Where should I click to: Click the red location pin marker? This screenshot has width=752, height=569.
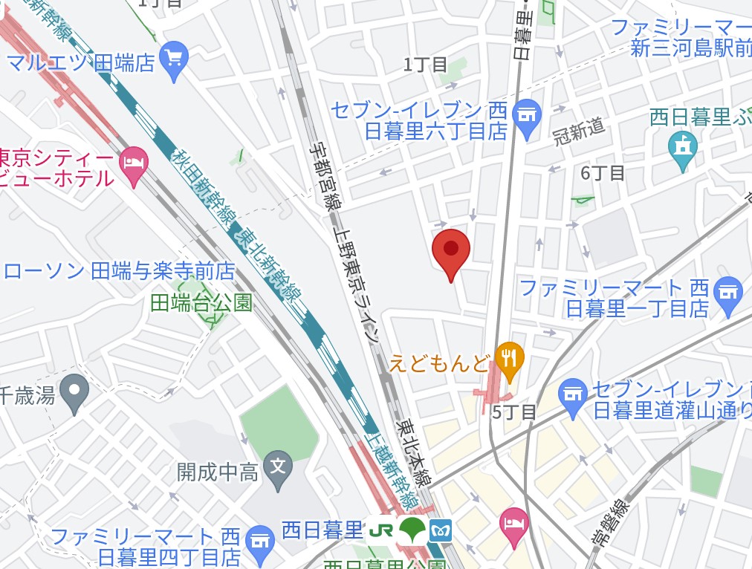tap(450, 250)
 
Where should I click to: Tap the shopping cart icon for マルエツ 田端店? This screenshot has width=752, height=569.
tap(175, 58)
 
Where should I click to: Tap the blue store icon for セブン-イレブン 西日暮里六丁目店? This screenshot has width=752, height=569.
tap(527, 117)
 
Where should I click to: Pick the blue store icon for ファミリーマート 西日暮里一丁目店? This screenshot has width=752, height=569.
tap(727, 292)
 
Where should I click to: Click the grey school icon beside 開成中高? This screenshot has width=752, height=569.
tap(278, 468)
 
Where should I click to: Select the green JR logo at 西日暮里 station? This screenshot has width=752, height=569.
tap(382, 530)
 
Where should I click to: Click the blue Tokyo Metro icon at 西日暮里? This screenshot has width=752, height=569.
tap(440, 530)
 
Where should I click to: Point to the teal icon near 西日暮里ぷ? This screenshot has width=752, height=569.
tap(682, 148)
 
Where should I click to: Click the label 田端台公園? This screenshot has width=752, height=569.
tap(201, 302)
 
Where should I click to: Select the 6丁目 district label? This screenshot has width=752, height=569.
tap(602, 173)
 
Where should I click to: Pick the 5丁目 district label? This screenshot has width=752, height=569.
tap(513, 412)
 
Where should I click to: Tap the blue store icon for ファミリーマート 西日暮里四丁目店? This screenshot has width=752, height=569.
tap(259, 539)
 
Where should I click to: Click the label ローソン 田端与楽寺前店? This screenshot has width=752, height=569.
tap(119, 271)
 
